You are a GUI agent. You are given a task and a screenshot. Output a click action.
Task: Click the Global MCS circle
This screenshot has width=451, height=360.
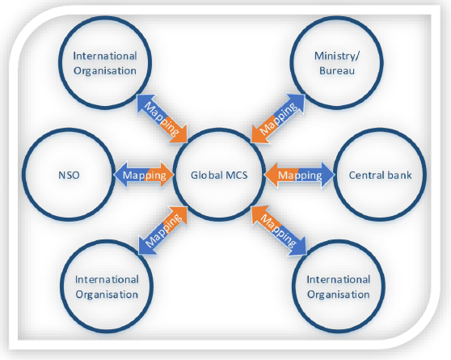(174, 175)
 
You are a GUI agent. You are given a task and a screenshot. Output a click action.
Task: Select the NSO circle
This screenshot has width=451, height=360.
(23, 175)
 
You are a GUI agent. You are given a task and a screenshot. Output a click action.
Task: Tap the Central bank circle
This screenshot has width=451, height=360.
(335, 175)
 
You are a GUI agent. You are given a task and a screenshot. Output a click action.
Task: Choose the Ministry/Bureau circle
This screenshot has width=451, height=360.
(292, 63)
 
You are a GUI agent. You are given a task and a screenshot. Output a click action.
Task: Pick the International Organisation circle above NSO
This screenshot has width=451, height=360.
(60, 63)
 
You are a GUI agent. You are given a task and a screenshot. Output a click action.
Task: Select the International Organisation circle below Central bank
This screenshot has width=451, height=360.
(293, 286)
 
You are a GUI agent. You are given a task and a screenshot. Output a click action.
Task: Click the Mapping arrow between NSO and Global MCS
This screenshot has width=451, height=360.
(144, 175)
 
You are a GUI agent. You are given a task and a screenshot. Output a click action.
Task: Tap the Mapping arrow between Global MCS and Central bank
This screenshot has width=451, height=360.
(299, 175)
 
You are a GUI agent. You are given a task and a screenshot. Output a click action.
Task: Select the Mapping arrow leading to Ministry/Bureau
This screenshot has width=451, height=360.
(278, 118)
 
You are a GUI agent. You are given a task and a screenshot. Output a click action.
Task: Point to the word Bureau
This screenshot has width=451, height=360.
(337, 70)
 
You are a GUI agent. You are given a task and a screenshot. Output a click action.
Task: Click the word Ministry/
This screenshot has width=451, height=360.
(337, 56)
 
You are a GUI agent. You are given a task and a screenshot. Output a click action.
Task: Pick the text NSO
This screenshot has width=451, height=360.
(69, 175)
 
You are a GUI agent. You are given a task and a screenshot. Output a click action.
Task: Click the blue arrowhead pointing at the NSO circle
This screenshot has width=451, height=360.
(120, 175)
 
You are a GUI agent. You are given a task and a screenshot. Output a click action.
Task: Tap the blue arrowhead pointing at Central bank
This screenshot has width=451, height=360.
(328, 175)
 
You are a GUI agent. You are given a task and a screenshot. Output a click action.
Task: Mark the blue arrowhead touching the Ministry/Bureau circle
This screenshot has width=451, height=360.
(297, 101)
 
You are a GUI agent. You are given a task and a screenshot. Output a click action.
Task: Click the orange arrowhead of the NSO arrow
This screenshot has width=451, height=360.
(167, 175)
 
